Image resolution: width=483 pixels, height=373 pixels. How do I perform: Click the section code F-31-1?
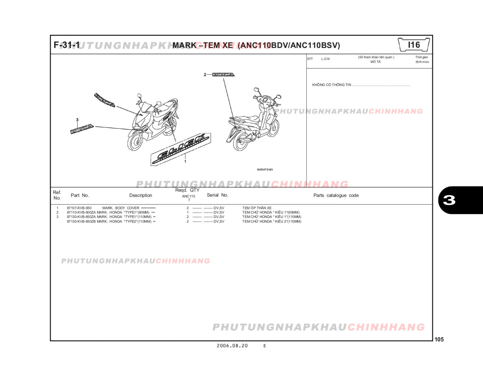click(x=67, y=45)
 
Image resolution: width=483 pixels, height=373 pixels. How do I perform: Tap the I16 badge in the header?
click(x=414, y=45)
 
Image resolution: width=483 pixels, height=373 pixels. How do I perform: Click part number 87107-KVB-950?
click(x=79, y=208)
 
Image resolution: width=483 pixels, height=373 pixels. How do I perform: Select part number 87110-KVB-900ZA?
click(x=81, y=212)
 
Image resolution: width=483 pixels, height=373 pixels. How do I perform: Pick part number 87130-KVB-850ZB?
click(x=81, y=221)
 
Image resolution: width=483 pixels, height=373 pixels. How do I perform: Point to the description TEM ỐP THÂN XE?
click(x=257, y=208)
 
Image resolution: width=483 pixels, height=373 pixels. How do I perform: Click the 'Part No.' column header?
click(x=80, y=195)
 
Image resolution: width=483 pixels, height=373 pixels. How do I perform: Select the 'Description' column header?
click(x=141, y=195)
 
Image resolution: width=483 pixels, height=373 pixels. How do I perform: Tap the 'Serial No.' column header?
click(x=217, y=195)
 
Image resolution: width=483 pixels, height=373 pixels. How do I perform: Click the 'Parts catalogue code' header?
click(x=336, y=195)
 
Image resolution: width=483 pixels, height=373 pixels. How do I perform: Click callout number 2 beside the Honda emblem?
click(x=205, y=75)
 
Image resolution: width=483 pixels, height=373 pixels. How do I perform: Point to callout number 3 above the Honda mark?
click(x=77, y=120)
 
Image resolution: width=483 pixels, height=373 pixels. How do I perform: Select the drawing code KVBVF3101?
click(x=265, y=170)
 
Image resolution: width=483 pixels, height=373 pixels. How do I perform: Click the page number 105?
click(x=439, y=339)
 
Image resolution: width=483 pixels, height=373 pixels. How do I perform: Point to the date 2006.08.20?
click(x=232, y=346)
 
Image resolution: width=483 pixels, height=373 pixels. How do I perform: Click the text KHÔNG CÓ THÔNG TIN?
click(x=331, y=85)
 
